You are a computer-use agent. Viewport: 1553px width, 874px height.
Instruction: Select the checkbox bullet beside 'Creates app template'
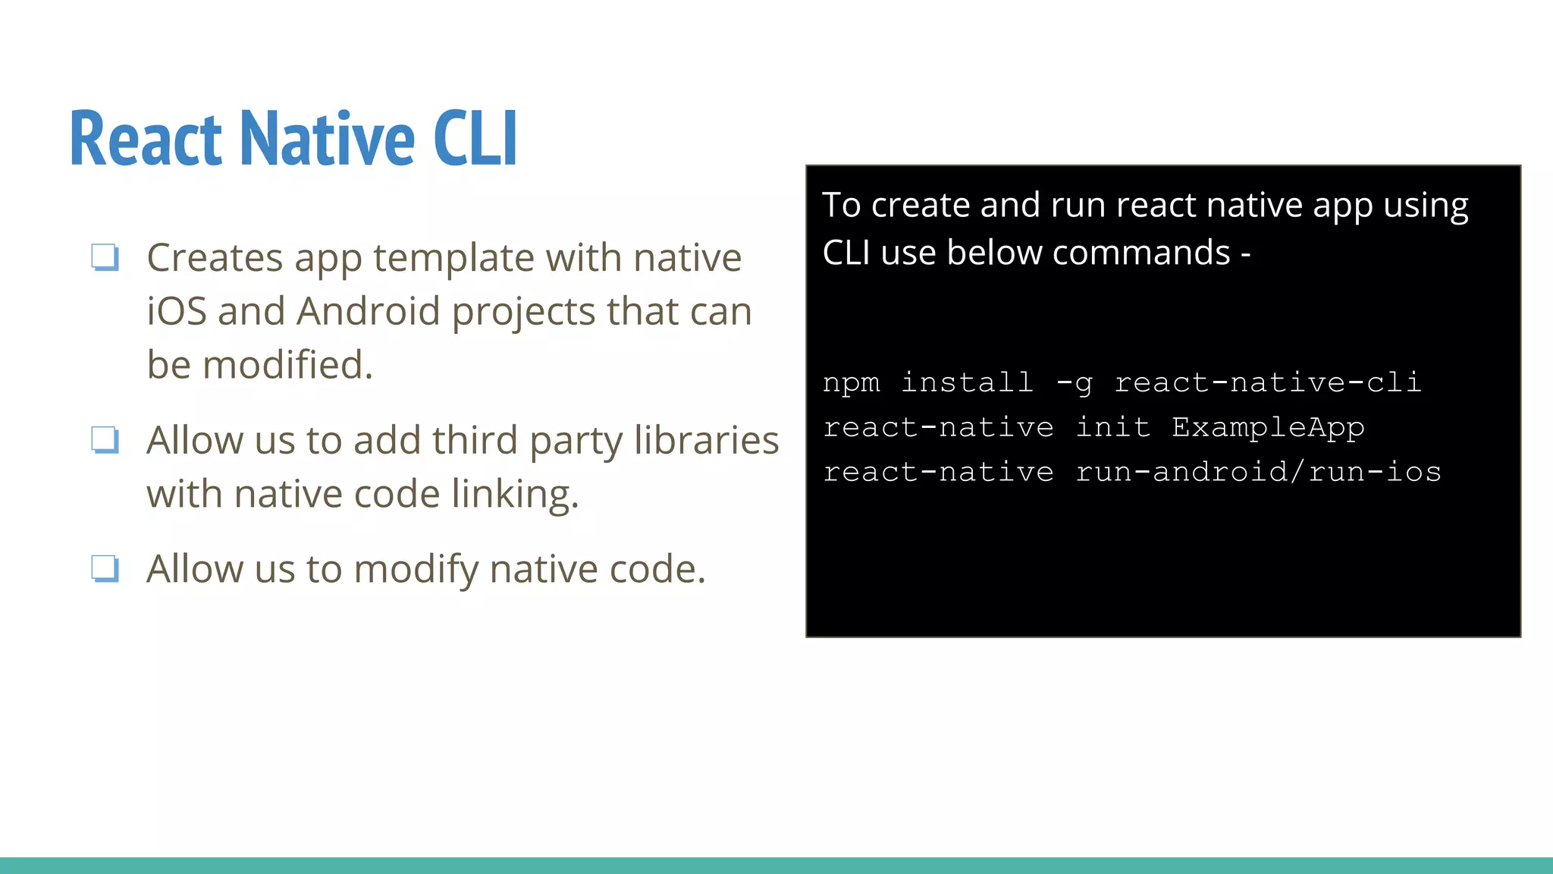pos(105,256)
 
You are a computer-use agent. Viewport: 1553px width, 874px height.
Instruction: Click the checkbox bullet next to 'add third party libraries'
pos(105,439)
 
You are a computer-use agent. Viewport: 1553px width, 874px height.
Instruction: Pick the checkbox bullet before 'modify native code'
pos(105,568)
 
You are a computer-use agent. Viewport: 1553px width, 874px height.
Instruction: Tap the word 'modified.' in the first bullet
pos(287,364)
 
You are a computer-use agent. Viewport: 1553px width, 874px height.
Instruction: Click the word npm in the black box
pos(852,383)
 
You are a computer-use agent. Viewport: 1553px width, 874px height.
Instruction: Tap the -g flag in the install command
pos(1075,383)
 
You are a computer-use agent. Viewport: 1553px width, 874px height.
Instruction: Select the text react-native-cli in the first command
pos(1268,382)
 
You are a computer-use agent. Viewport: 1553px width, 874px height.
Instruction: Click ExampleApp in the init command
pos(1268,428)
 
